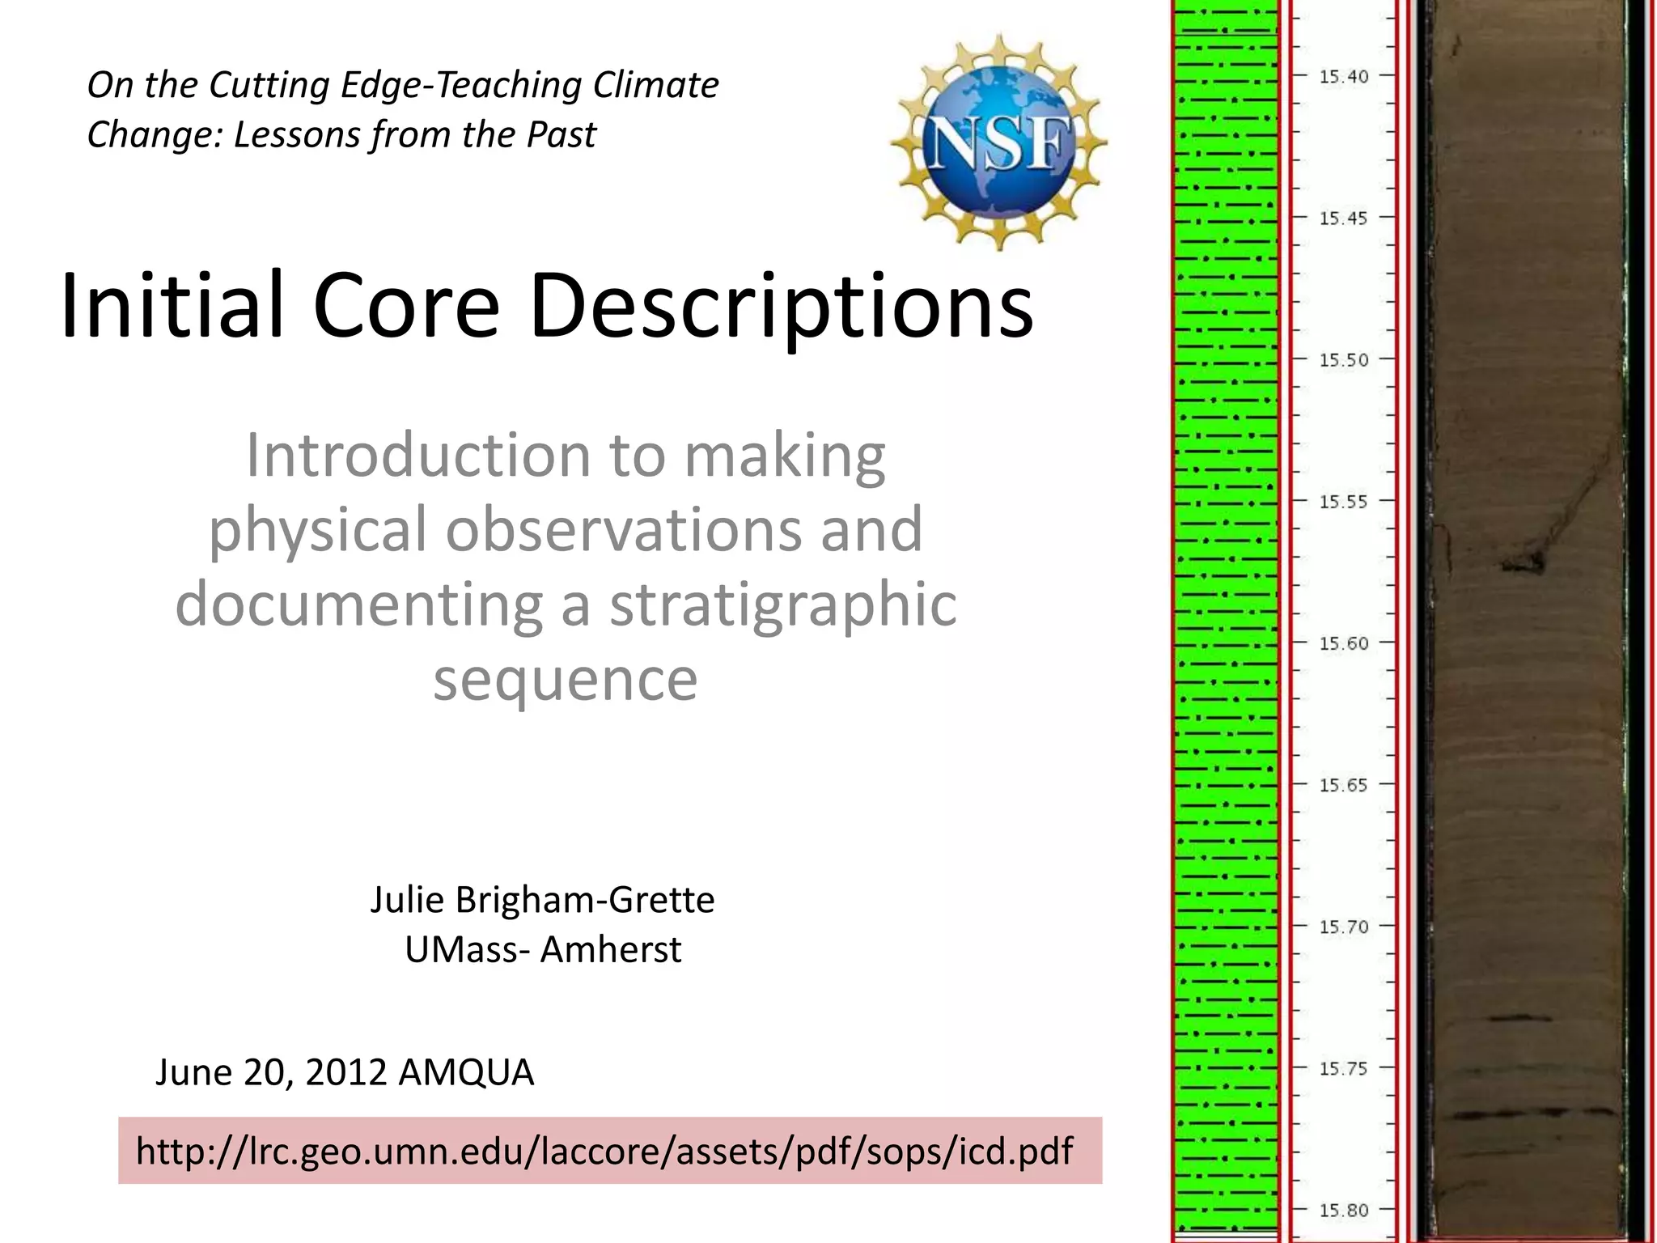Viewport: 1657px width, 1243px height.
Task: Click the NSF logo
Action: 998,142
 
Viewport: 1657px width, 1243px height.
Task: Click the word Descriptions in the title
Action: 782,306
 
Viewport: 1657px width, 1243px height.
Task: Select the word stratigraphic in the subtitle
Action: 782,605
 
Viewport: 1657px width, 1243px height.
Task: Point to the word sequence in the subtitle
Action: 565,679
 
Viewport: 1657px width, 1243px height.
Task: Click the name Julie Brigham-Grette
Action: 542,900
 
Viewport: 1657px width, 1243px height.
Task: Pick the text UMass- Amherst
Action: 543,949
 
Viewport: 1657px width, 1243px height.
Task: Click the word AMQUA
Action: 466,1072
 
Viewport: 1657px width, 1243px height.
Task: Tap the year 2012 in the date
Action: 346,1072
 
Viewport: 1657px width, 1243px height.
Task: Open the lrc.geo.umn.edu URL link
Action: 604,1151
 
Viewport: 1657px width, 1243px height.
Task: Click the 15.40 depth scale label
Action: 1344,77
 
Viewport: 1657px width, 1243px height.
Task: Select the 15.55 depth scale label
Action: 1344,502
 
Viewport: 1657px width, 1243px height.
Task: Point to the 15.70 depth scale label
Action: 1344,927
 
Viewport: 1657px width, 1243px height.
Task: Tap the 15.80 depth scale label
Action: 1344,1211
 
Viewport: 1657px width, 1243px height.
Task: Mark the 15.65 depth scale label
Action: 1344,785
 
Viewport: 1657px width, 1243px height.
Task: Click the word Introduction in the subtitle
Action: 418,455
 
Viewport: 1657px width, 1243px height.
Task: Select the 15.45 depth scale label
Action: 1344,218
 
